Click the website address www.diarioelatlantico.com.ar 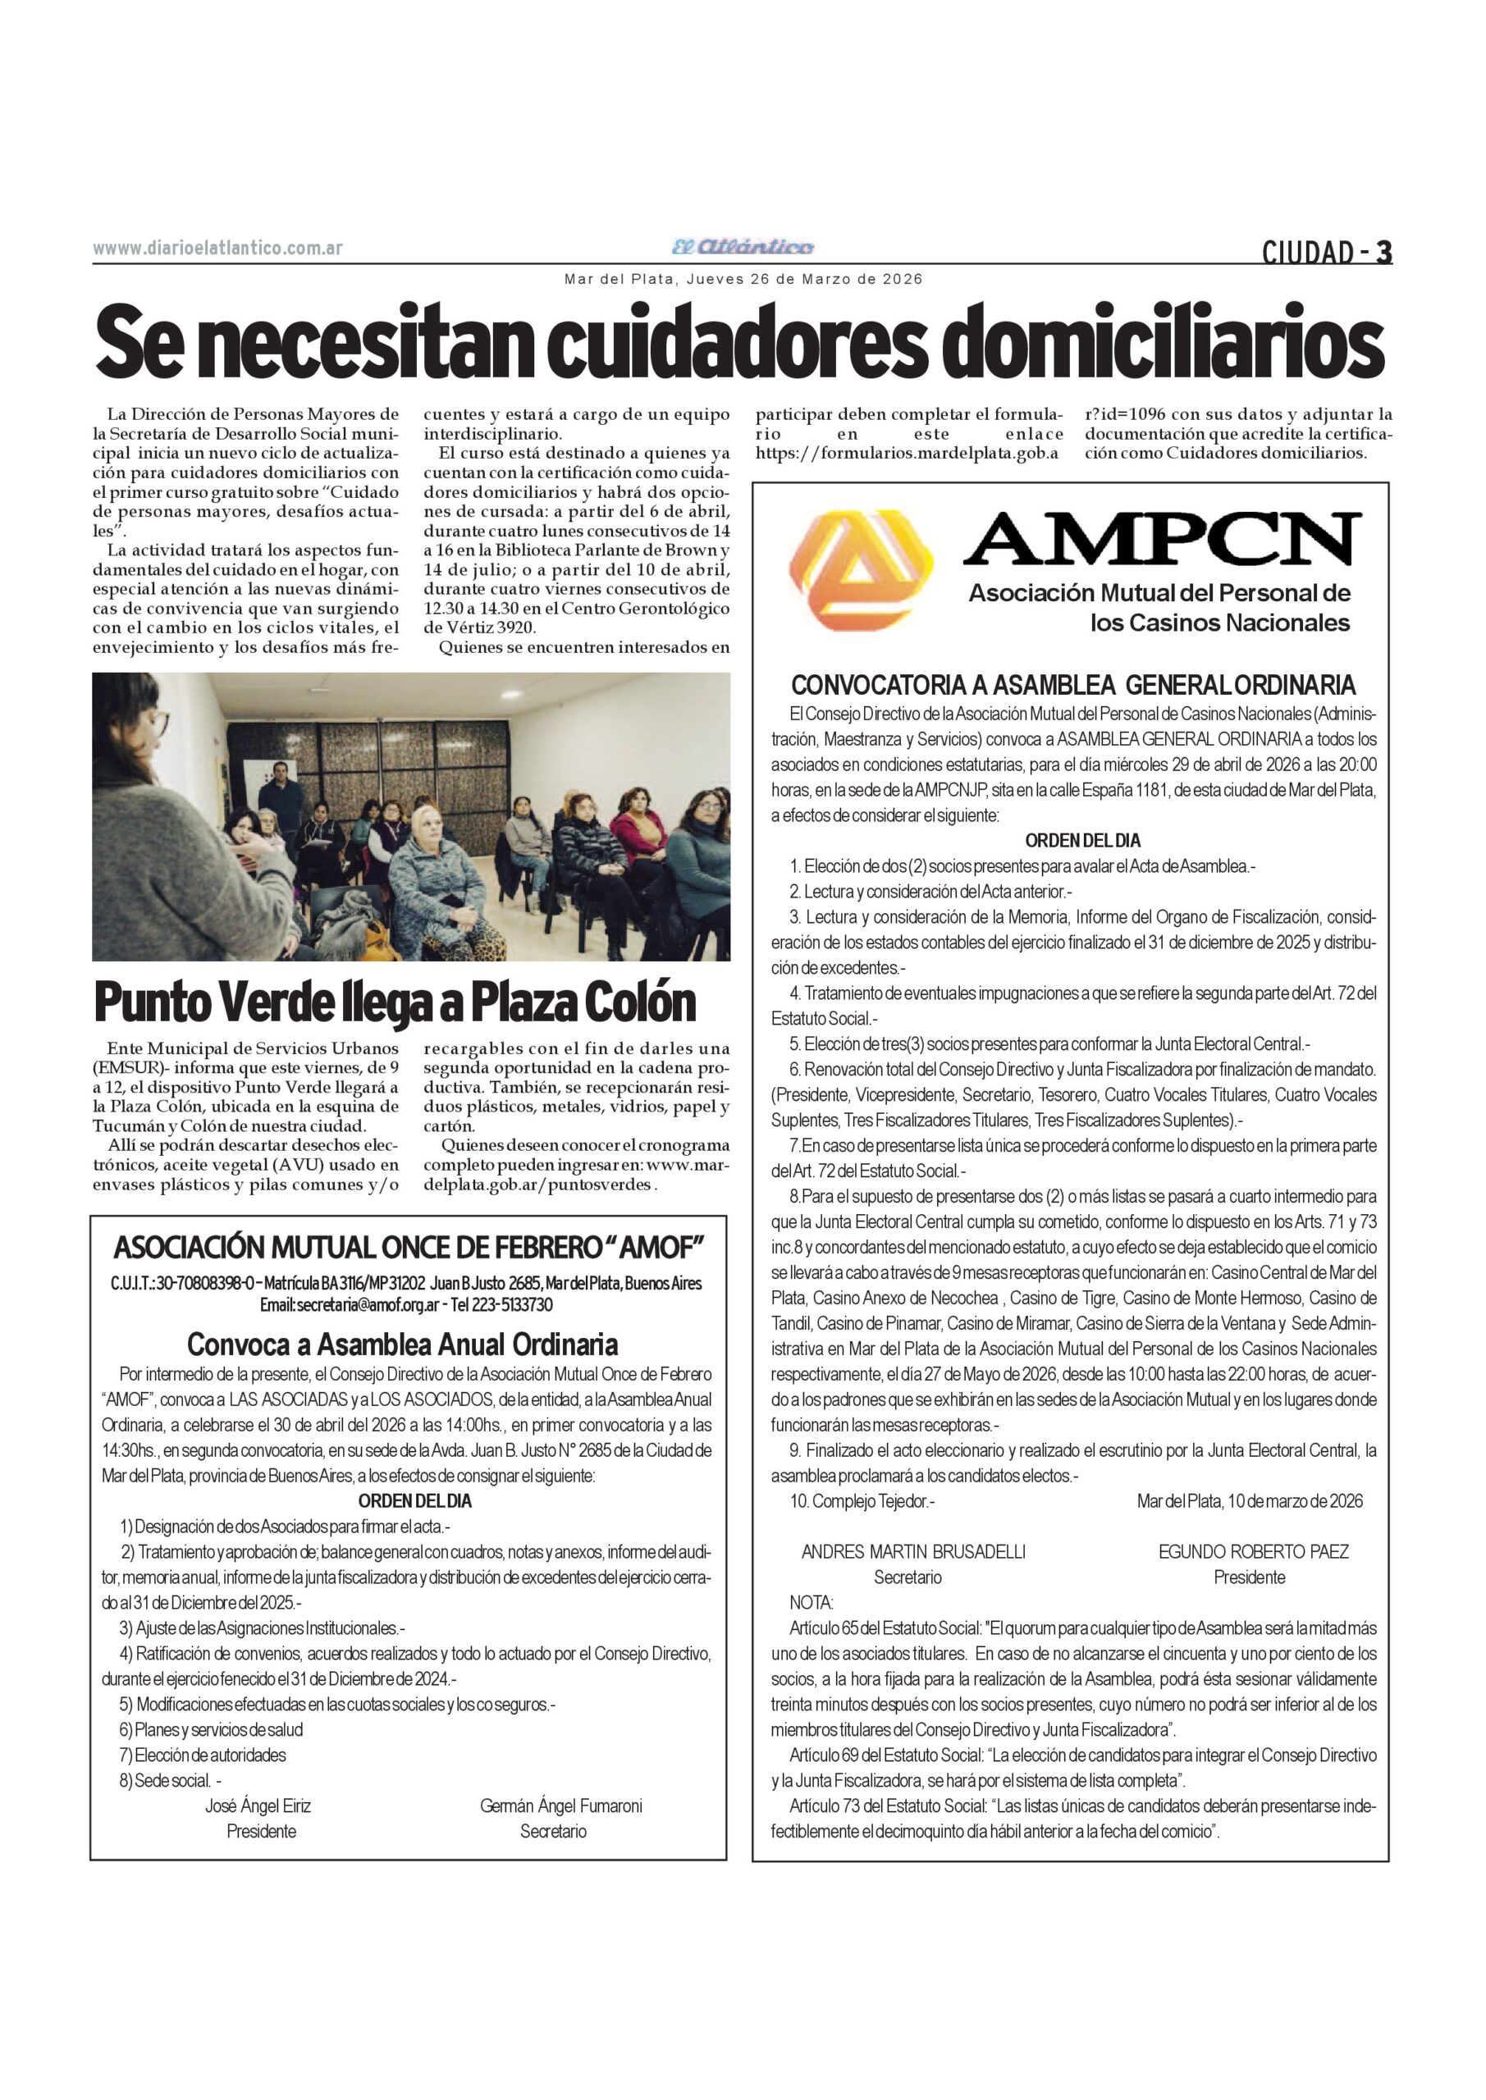(217, 248)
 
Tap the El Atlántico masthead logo (742, 247)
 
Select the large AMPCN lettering (1161, 540)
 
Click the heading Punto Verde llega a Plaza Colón (396, 1003)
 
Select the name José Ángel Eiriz (258, 1806)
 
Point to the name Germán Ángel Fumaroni (561, 1806)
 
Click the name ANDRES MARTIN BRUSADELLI (913, 1551)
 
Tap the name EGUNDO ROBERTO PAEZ (1253, 1551)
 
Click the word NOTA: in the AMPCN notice (811, 1602)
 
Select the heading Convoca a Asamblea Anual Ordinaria (403, 1344)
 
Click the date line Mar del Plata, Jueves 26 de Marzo (743, 279)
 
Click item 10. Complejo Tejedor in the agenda (862, 1501)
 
